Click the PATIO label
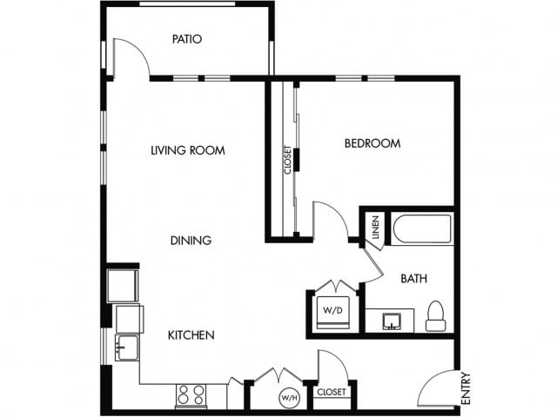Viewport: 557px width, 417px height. coord(187,39)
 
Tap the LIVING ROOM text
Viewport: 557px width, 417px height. coord(188,150)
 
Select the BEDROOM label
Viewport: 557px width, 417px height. coord(372,143)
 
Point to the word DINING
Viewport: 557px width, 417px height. coord(191,241)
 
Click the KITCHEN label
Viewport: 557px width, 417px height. coord(191,334)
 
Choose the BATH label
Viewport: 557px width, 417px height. coord(413,279)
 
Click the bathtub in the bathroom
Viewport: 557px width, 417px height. coord(422,229)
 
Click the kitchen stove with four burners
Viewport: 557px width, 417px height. coord(191,395)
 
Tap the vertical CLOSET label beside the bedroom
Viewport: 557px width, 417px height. coord(287,159)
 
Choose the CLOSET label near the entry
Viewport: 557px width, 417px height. coord(331,393)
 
